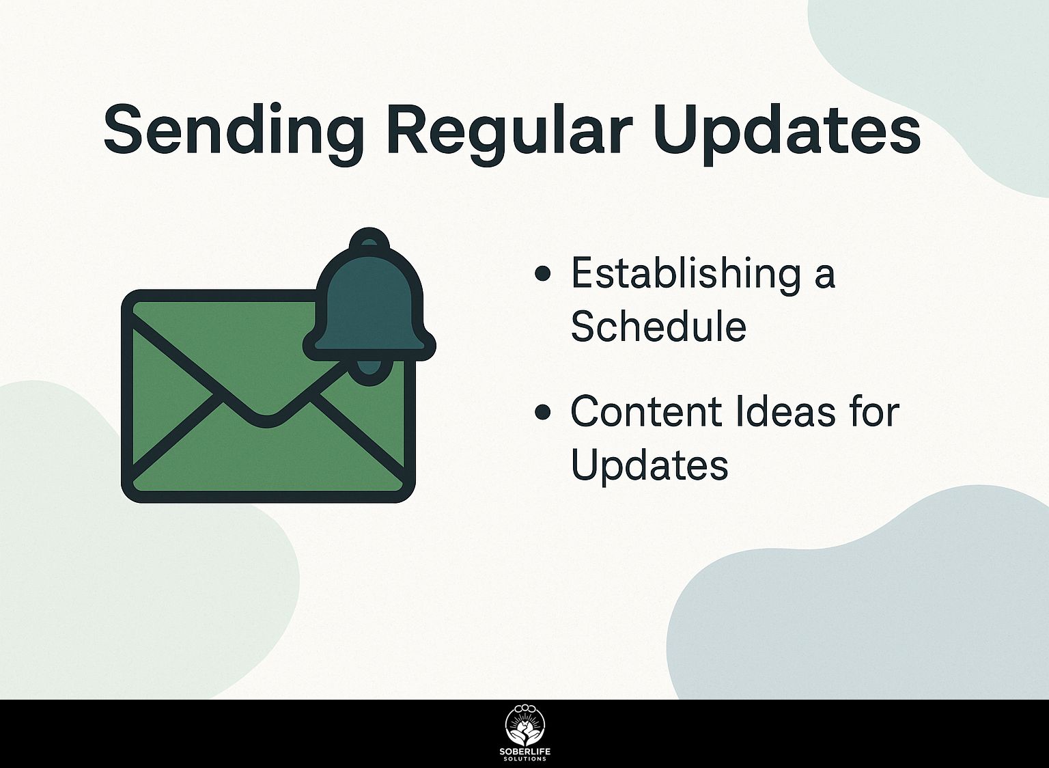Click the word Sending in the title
234,132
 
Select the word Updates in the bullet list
649,466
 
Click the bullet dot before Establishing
542,274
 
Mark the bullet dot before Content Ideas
542,412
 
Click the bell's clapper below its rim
369,372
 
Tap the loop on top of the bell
369,240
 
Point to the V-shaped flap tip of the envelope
266,421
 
